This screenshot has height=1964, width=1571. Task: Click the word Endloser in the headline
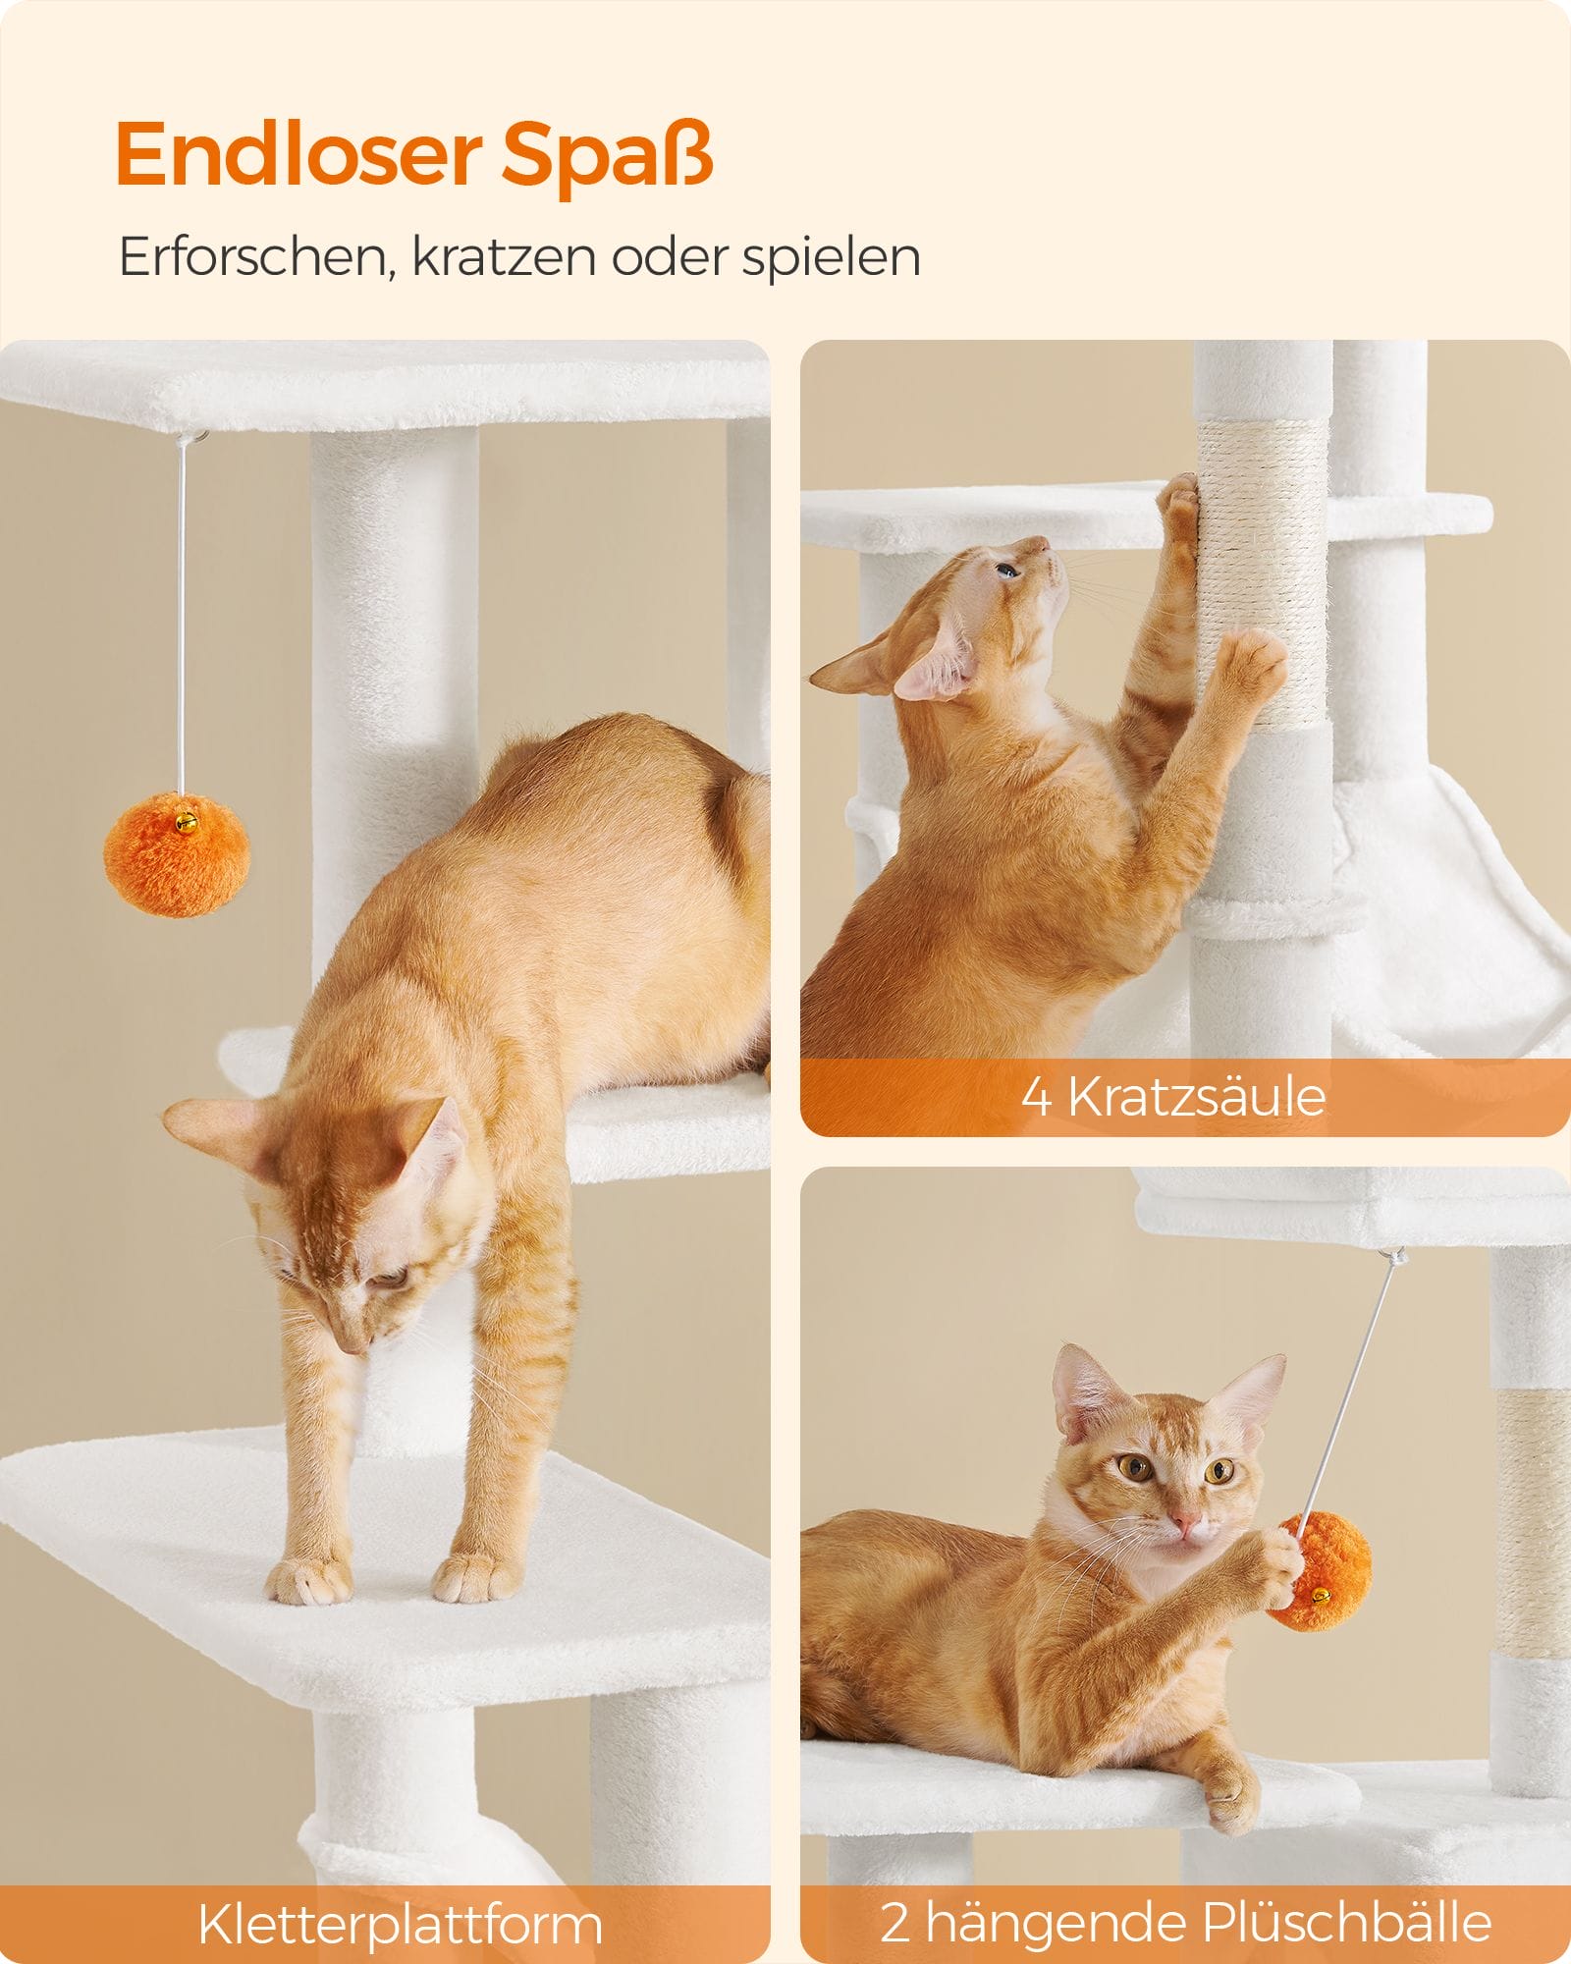coord(298,155)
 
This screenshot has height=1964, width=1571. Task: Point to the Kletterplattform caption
coord(400,1923)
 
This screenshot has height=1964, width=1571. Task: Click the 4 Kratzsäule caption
coord(1173,1096)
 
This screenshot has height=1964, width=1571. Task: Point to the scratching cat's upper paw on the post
coord(1177,500)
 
